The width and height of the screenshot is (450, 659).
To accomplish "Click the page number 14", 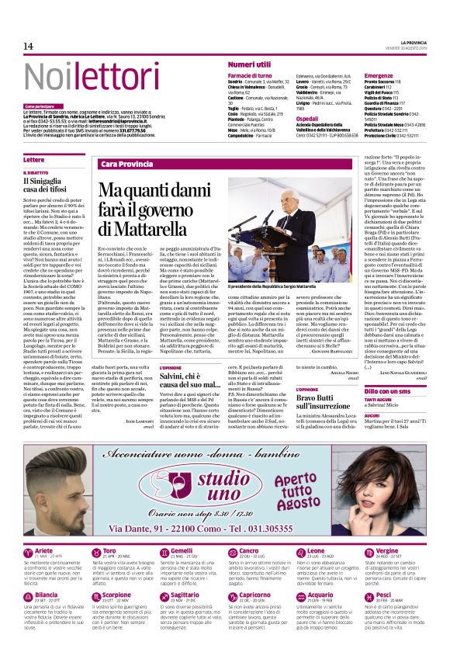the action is [29, 48].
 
